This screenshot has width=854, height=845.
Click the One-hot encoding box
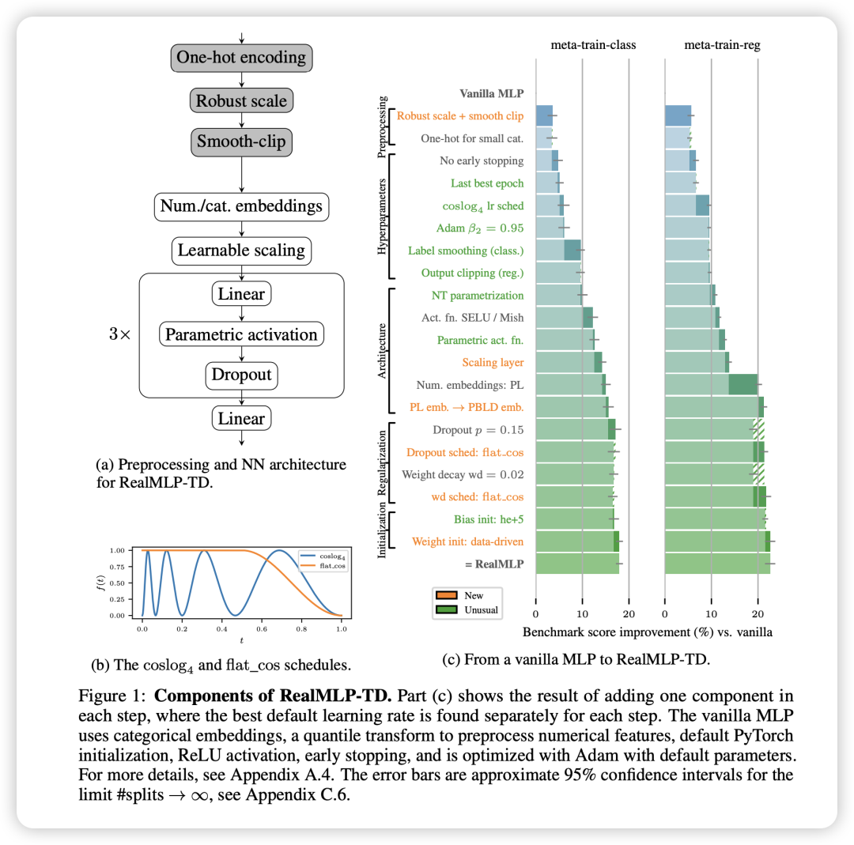(x=241, y=58)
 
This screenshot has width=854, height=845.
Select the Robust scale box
(x=241, y=101)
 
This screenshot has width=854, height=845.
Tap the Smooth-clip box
(x=241, y=142)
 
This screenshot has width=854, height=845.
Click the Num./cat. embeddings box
(x=241, y=207)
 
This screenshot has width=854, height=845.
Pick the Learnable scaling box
(x=241, y=251)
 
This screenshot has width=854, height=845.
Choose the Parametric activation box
(x=241, y=334)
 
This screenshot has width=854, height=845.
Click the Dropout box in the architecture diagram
(x=241, y=375)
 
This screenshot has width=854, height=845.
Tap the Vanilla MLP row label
(x=491, y=93)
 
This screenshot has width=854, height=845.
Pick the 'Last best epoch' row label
(x=487, y=183)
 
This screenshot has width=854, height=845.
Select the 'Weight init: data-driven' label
(x=467, y=541)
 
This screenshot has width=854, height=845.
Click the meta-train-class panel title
(x=593, y=45)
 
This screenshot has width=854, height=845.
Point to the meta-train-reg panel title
(x=722, y=45)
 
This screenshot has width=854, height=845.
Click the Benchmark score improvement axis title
(x=648, y=632)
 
